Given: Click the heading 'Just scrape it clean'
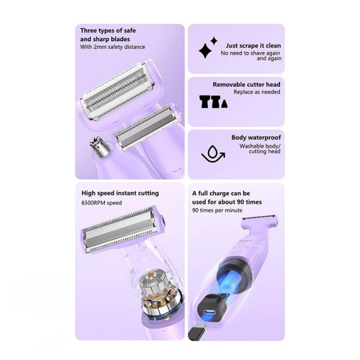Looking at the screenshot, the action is pyautogui.click(x=253, y=45).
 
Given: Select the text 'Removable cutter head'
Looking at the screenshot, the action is pyautogui.click(x=246, y=84).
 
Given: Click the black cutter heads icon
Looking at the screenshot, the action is pyautogui.click(x=213, y=102).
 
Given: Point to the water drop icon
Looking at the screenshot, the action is pyautogui.click(x=213, y=153).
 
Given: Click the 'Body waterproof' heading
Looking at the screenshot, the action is pyautogui.click(x=256, y=138).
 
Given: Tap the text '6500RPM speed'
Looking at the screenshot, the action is pyautogui.click(x=102, y=203).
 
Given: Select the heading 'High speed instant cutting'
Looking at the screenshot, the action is pyautogui.click(x=120, y=193).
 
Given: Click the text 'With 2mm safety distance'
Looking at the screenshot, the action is pyautogui.click(x=112, y=47).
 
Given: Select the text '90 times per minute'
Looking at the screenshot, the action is pyautogui.click(x=217, y=210).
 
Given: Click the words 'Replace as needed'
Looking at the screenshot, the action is pyautogui.click(x=257, y=92).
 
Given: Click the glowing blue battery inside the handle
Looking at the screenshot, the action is pyautogui.click(x=230, y=283).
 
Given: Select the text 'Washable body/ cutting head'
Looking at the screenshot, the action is pyautogui.click(x=260, y=149).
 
